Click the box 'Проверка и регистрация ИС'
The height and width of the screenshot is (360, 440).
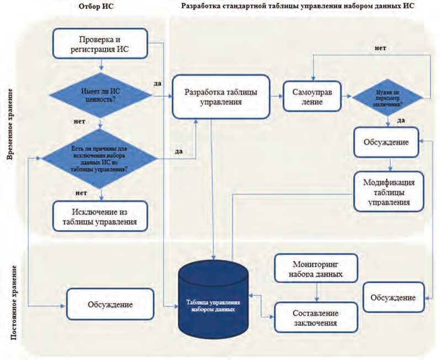click(x=100, y=44)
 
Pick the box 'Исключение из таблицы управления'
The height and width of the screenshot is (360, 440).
click(x=100, y=215)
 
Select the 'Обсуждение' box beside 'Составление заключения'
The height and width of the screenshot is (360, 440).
click(x=393, y=298)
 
